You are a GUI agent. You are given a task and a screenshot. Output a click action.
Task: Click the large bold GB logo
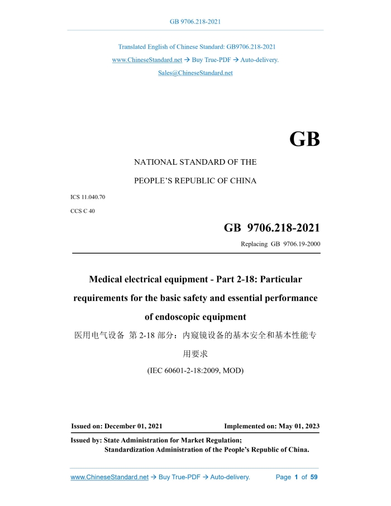[x=304, y=139]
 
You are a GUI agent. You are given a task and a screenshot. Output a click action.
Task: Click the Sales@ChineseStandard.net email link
[x=195, y=73]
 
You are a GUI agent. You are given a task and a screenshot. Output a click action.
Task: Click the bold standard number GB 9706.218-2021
[x=272, y=228]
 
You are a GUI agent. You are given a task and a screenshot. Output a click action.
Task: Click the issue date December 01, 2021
[x=133, y=426]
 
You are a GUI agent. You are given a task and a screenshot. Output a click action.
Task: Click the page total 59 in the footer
[x=314, y=477]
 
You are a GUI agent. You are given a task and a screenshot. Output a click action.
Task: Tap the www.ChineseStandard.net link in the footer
[x=109, y=477]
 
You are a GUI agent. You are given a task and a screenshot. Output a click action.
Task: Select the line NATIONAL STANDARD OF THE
[x=195, y=162]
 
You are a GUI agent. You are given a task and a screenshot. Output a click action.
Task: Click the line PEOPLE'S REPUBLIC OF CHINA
[x=195, y=180]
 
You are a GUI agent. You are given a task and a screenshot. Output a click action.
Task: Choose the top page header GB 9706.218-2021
[x=195, y=22]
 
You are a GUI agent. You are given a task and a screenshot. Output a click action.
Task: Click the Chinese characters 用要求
[x=195, y=354]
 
